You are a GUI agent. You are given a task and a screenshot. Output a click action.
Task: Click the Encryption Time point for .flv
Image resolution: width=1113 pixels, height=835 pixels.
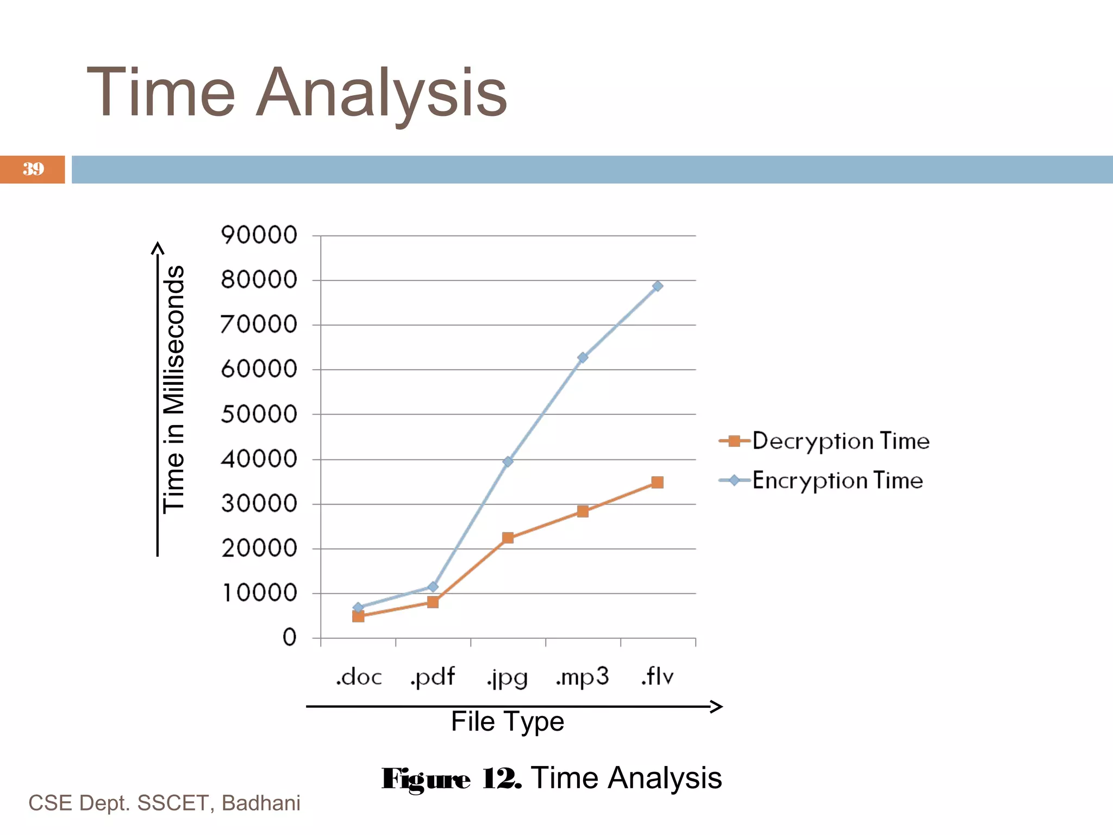point(657,286)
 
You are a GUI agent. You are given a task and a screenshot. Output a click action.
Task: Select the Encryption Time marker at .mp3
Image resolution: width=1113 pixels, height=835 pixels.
point(583,357)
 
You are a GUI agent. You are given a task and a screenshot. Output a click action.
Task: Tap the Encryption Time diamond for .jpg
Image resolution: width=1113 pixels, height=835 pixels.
point(508,462)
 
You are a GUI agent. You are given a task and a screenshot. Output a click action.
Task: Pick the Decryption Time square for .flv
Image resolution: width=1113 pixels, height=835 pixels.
point(657,482)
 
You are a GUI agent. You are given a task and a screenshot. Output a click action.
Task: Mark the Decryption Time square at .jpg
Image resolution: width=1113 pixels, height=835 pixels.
point(508,538)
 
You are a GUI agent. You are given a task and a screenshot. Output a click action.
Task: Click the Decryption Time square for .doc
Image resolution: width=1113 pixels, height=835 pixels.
point(358,616)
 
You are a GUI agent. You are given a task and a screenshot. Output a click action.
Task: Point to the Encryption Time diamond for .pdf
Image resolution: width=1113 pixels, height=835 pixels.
point(433,587)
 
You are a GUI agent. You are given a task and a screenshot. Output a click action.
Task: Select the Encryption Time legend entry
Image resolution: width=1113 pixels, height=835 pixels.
point(821,481)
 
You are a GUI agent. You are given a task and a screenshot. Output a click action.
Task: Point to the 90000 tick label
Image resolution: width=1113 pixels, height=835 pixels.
point(259,235)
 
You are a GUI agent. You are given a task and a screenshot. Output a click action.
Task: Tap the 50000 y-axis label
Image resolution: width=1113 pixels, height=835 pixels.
point(259,414)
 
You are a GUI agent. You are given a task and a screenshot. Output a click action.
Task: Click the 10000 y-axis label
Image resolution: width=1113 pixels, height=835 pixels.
point(259,593)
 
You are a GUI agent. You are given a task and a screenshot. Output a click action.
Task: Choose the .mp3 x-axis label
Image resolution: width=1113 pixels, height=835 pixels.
point(582,677)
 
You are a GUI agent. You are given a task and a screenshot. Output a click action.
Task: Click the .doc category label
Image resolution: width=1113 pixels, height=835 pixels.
point(359,677)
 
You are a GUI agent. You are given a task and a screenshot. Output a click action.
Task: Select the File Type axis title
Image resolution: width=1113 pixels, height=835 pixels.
point(508,722)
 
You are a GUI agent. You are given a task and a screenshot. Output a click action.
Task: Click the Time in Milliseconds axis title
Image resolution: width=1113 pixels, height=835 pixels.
point(174,389)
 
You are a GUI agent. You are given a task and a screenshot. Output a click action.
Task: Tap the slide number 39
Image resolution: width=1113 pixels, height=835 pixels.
point(33,169)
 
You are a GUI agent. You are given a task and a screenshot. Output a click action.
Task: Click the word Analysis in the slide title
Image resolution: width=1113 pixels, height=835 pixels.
point(381,93)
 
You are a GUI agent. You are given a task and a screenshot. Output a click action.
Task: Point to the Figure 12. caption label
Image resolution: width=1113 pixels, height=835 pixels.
point(451,778)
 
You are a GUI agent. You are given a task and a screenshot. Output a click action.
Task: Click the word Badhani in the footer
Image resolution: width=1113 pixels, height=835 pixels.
point(261,803)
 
